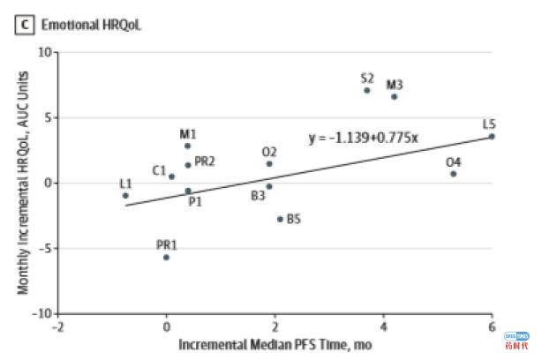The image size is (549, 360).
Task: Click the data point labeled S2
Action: pos(367,90)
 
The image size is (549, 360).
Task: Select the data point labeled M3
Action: pos(395,96)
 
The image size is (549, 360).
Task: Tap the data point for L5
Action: pos(492,136)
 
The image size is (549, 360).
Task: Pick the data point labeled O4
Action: pos(454,174)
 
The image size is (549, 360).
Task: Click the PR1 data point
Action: pos(166,257)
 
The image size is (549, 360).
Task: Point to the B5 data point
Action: pos(280,219)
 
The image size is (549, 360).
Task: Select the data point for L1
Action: pos(125,195)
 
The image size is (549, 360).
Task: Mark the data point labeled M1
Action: pos(187,146)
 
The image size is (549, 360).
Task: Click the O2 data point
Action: pos(269,163)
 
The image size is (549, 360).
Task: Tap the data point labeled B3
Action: pos(269,186)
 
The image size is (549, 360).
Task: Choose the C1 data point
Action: pos(171,176)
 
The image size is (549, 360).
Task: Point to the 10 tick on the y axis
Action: pos(43,52)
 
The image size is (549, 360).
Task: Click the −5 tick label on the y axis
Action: pos(43,248)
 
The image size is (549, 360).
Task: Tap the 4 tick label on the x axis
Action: pos(383,326)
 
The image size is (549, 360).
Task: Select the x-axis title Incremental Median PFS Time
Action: pos(275,344)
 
